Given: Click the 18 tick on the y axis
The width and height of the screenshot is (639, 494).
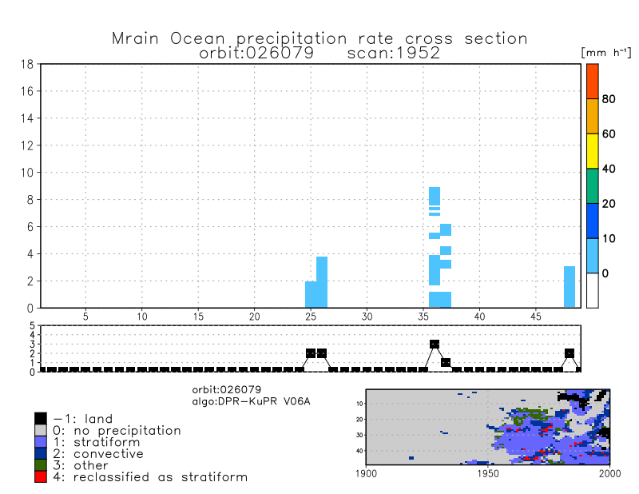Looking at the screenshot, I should [26, 64].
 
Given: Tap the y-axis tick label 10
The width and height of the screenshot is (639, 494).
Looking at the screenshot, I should [26, 173].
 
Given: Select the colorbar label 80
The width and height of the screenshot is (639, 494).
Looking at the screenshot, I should [609, 99].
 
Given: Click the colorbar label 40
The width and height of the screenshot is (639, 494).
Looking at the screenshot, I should [609, 169].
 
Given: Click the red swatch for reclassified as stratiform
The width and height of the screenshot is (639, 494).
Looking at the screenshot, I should [40, 476].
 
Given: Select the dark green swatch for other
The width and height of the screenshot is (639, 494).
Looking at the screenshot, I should [40, 465].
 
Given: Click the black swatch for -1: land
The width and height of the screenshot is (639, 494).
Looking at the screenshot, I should [40, 418].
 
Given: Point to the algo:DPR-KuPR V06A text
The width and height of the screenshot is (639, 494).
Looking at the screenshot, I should [250, 400].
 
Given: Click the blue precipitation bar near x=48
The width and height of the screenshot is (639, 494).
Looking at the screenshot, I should [570, 286].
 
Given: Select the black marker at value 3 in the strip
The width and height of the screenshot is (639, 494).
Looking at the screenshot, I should [435, 345].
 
